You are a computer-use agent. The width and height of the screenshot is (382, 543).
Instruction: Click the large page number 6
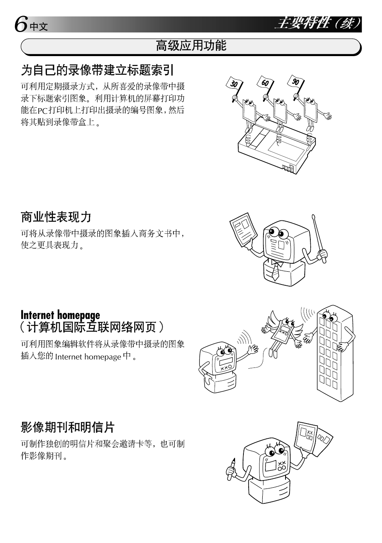tap(21, 24)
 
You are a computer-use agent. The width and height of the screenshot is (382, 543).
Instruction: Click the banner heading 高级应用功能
tap(191, 46)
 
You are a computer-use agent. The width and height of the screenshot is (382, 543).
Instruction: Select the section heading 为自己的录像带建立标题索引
tap(97, 70)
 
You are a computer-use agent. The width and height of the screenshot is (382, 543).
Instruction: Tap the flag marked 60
tap(265, 83)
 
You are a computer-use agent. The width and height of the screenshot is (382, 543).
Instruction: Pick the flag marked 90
tap(296, 82)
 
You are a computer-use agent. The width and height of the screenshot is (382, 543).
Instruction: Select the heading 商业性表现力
tap(56, 217)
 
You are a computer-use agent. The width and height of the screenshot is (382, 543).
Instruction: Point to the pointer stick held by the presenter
tap(319, 238)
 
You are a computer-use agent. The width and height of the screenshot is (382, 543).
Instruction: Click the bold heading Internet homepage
tap(60, 315)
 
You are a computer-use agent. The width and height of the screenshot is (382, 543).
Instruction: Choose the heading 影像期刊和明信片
tap(68, 427)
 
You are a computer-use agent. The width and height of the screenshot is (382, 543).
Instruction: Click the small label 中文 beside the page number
tap(39, 27)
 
